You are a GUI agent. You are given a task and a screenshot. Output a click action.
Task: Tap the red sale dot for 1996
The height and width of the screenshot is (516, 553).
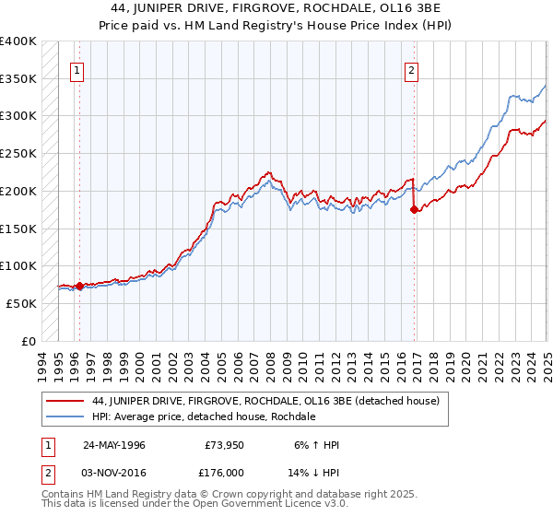click(x=79, y=286)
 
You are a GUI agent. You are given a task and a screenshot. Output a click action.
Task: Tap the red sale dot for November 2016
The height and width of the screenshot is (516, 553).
click(x=414, y=210)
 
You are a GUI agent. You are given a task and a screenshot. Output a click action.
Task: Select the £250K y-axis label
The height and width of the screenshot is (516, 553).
click(x=18, y=154)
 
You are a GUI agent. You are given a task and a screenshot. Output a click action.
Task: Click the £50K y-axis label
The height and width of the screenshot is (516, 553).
click(x=22, y=303)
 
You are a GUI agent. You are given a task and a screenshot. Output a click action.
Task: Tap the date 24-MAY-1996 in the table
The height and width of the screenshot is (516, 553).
click(x=113, y=445)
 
